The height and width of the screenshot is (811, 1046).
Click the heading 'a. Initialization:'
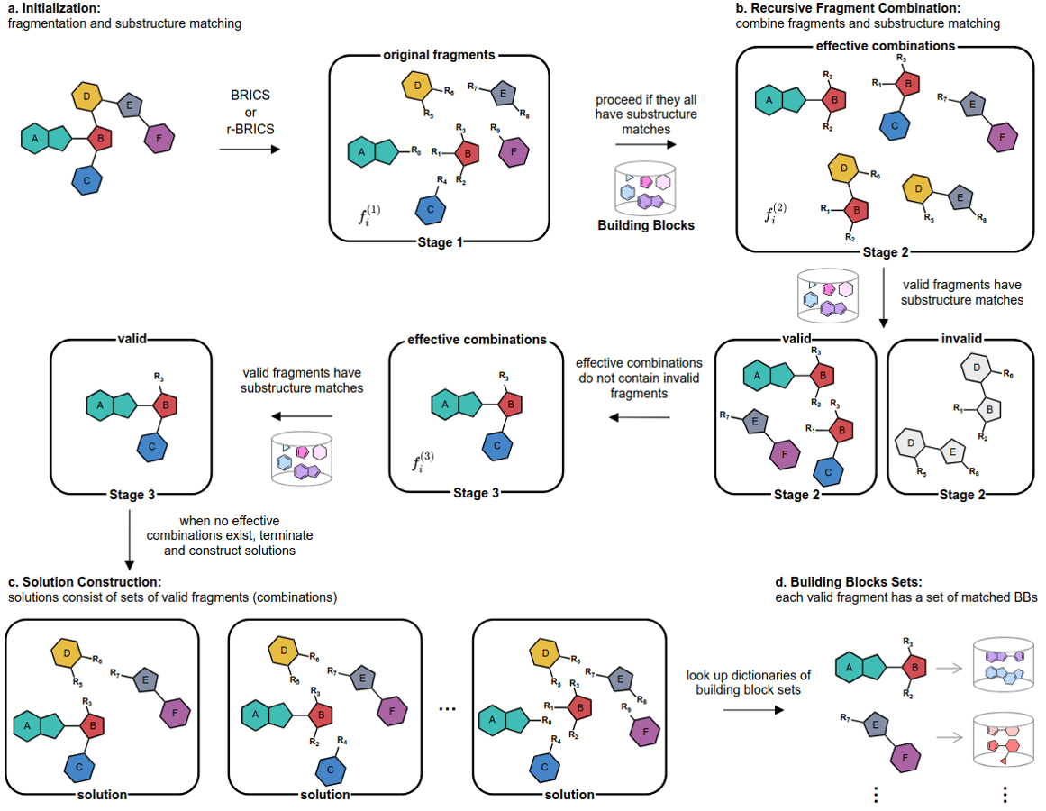[x=55, y=8]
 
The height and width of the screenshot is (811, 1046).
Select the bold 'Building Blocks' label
[x=646, y=225]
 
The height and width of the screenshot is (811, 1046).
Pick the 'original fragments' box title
[x=439, y=55]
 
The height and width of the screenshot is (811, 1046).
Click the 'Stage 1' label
[x=439, y=242]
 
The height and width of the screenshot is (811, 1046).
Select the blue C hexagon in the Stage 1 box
[x=432, y=210]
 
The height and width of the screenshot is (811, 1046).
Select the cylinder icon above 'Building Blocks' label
[x=646, y=187]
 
